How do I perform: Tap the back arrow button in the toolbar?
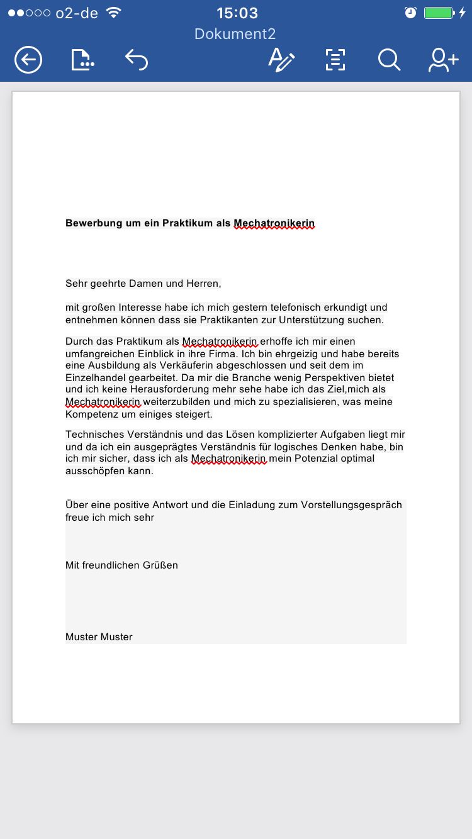pos(28,60)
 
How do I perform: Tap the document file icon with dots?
pos(82,60)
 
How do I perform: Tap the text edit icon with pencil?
pos(281,60)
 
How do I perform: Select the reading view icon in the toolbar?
pos(335,60)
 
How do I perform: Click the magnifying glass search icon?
pos(389,60)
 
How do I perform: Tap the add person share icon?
pos(443,60)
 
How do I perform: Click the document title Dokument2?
pos(235,34)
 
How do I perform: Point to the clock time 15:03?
pos(237,13)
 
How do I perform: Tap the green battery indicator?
pos(439,13)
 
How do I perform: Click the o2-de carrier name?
pos(78,13)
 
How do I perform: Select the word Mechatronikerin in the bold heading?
pos(274,223)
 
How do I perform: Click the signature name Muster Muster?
pos(99,637)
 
